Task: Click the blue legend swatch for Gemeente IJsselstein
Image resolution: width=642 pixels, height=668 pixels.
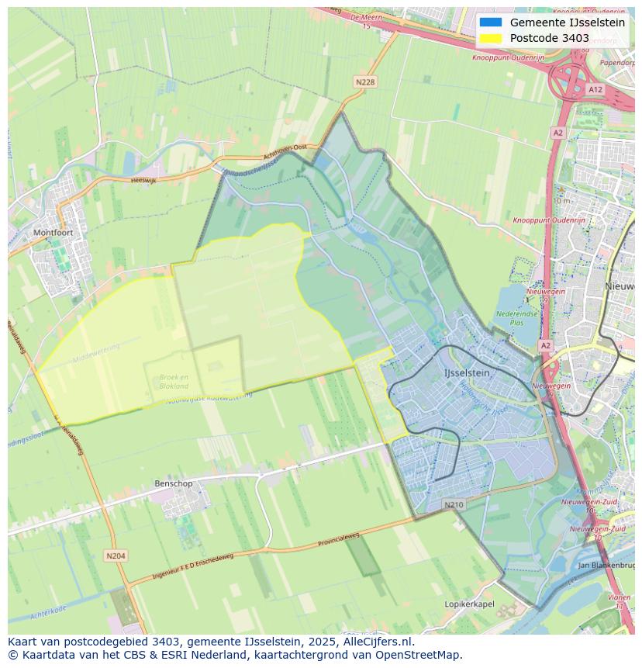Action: (x=490, y=22)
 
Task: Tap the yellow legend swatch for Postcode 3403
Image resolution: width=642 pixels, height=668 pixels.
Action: (x=490, y=38)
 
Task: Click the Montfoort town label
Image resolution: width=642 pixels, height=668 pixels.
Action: (x=53, y=232)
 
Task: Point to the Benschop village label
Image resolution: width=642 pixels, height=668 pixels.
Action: (x=173, y=483)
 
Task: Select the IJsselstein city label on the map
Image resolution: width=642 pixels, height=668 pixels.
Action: (x=467, y=373)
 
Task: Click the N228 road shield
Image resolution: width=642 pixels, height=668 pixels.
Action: (x=365, y=82)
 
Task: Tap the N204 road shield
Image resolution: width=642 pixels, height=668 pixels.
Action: (x=116, y=556)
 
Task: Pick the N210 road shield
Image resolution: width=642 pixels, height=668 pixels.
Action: (x=454, y=505)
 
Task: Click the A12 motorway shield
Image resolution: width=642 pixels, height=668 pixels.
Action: (x=595, y=90)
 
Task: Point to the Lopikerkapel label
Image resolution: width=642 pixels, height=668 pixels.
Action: (x=469, y=604)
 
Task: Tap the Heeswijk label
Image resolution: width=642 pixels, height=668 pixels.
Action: (x=143, y=179)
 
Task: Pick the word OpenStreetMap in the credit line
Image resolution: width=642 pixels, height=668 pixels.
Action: (x=419, y=655)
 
